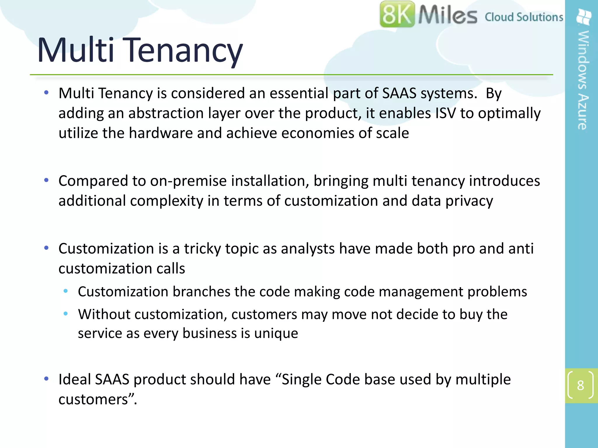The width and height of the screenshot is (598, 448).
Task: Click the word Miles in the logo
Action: [x=447, y=15]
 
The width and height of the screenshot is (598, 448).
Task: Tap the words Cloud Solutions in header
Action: [x=524, y=17]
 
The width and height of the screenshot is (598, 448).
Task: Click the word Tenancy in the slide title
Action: [x=184, y=50]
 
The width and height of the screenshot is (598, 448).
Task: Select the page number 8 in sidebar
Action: [x=580, y=386]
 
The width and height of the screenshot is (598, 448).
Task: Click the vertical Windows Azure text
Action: [x=583, y=80]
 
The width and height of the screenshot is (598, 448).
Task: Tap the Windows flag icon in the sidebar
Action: [x=584, y=17]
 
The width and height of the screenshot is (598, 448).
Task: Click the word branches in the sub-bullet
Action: [x=201, y=292]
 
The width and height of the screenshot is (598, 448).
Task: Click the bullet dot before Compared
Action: [x=46, y=181]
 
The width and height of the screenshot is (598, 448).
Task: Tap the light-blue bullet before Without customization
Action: [x=66, y=314]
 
